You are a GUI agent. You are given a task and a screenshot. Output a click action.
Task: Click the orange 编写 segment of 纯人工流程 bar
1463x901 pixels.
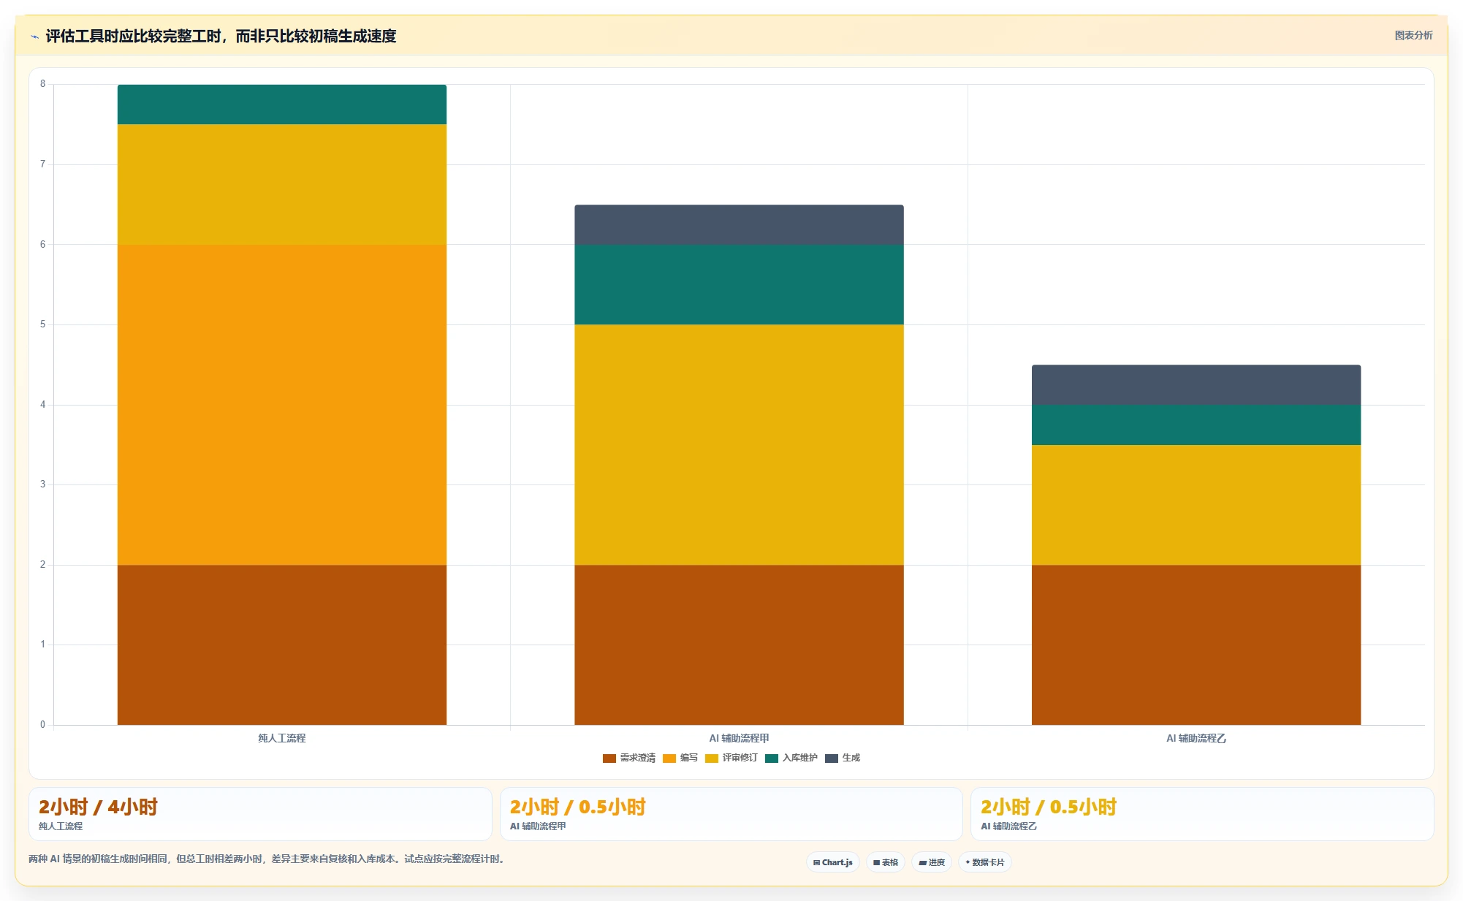(x=281, y=404)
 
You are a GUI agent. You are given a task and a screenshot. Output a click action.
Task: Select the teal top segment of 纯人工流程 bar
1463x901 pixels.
(x=281, y=104)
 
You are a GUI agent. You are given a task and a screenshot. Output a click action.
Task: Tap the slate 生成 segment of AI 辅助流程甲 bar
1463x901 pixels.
(x=739, y=224)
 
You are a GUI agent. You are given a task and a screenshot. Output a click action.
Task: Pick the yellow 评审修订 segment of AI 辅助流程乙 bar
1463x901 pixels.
(x=1196, y=505)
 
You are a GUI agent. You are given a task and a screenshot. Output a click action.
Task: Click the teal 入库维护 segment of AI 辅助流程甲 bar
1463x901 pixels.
(x=739, y=284)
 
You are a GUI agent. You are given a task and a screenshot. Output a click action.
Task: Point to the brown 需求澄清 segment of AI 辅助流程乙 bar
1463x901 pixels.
(x=1196, y=645)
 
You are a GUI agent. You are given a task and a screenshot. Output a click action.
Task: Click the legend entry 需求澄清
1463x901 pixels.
(x=629, y=758)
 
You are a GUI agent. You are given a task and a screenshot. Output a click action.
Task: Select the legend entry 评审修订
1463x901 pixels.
(x=731, y=758)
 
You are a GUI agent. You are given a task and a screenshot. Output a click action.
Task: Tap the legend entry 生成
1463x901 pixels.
(x=843, y=758)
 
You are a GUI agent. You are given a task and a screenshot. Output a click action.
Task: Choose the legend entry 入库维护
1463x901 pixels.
(x=791, y=758)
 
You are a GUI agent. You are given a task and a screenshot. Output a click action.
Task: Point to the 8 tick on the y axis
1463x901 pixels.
(x=43, y=84)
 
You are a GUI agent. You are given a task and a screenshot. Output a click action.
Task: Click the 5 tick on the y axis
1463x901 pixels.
(x=43, y=324)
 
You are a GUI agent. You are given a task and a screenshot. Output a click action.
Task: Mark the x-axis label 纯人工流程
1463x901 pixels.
(x=282, y=738)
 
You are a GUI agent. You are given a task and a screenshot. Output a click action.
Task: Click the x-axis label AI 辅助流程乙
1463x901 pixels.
(x=1196, y=738)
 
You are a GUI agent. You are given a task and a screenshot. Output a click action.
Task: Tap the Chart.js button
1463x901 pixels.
(x=833, y=862)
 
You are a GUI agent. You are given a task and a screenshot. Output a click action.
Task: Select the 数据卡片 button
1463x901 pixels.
(x=985, y=862)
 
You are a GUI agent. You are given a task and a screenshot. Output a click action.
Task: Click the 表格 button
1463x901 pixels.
(x=886, y=862)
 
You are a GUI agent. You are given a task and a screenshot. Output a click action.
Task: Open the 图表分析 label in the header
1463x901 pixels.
(x=1413, y=35)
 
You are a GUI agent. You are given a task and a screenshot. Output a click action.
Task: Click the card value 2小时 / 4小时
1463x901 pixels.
(x=98, y=807)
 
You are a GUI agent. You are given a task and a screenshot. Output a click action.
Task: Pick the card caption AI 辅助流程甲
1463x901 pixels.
(x=538, y=826)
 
